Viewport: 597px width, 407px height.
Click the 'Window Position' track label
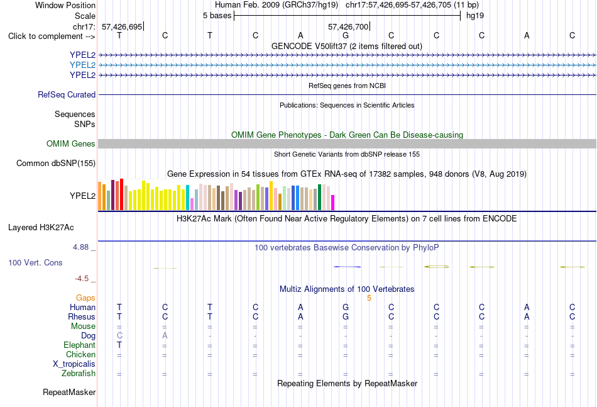tap(65, 5)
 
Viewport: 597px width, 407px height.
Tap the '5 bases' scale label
tap(217, 16)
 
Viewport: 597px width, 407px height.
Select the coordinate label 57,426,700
tap(348, 26)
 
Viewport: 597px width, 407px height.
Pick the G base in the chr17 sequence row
tap(346, 35)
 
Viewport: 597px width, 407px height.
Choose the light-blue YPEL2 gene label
tap(82, 65)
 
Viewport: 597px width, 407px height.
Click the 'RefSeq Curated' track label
tap(67, 94)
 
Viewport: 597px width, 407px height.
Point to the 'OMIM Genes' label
tap(71, 143)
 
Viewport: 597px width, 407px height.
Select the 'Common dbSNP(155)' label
tap(56, 163)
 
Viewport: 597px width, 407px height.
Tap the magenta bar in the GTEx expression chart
tap(333, 203)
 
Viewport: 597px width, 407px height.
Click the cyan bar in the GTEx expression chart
tap(187, 198)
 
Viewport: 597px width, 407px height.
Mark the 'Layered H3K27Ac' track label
tap(41, 228)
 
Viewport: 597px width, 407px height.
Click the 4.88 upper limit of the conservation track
tap(80, 247)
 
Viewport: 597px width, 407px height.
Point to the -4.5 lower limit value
tap(82, 279)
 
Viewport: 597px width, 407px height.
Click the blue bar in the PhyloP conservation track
tap(347, 267)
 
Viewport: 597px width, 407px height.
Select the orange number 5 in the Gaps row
tap(370, 298)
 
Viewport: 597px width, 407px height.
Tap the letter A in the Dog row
tap(165, 336)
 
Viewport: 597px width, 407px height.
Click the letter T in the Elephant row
tap(119, 345)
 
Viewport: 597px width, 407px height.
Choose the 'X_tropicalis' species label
tap(74, 364)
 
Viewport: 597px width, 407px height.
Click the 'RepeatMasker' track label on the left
tap(69, 392)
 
